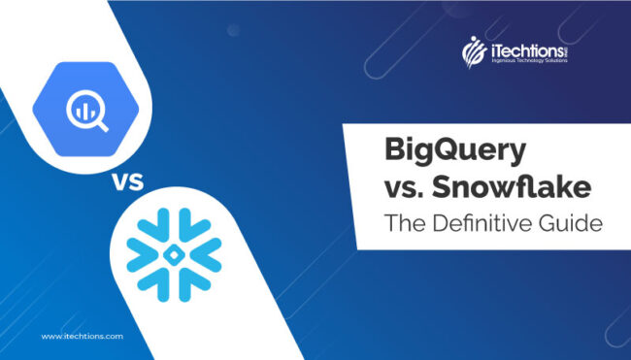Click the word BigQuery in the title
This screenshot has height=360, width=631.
click(x=442, y=153)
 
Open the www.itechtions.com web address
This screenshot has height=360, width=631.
click(x=83, y=336)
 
